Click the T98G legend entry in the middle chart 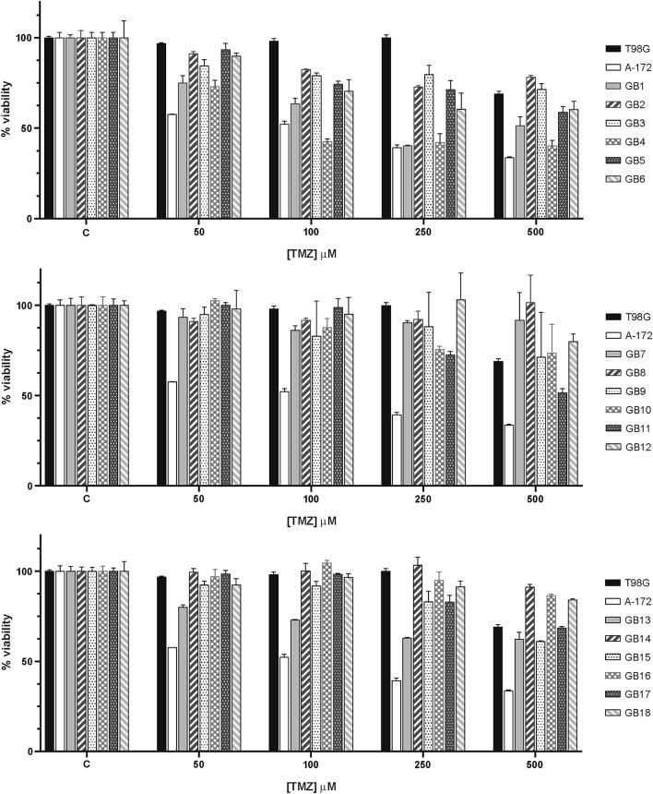(624, 316)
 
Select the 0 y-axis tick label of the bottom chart (31, 752)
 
